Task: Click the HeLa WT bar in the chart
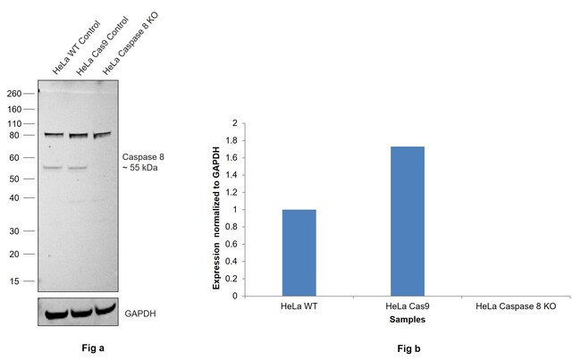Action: [299, 253]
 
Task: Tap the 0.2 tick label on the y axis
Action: [234, 279]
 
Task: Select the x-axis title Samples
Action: [407, 319]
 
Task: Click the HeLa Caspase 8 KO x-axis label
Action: [515, 307]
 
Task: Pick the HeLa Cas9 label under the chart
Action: [407, 307]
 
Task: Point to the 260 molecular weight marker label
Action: [14, 92]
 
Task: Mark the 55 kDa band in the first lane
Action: [53, 167]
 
